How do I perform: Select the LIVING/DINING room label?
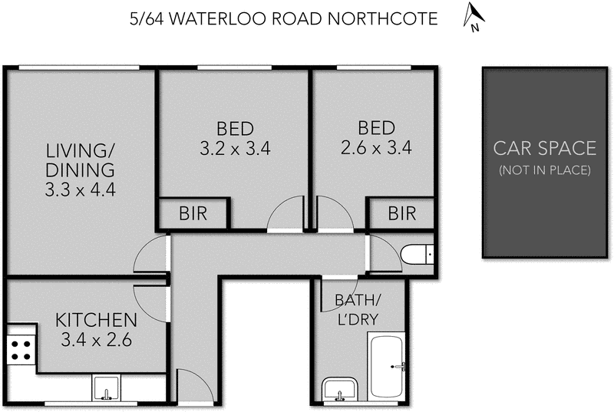80,159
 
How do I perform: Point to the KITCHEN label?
96,320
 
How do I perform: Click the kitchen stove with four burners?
21,350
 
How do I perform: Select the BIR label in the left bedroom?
193,213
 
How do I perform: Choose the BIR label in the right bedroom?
401,213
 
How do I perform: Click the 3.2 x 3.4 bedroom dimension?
235,149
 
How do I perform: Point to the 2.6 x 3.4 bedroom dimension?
376,149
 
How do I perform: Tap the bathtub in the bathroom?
388,366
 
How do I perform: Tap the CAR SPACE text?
544,148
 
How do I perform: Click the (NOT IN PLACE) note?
544,170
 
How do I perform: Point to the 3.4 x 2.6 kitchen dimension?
96,341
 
